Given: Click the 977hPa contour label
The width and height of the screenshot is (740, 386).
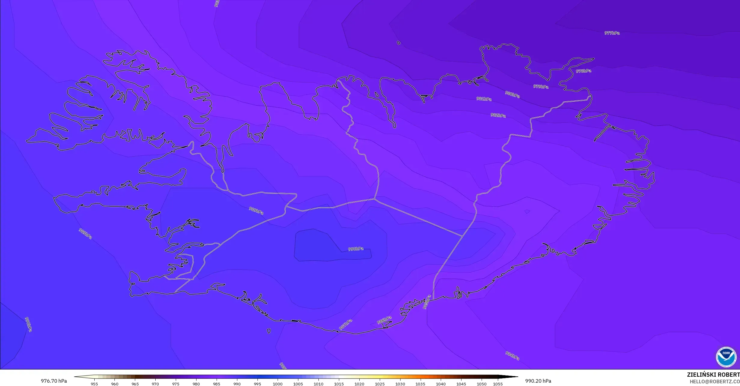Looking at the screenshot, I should tap(612, 33).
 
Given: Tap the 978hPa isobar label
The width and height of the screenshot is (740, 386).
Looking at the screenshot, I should tap(583, 71).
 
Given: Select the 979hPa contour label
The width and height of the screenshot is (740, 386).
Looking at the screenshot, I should tap(541, 87).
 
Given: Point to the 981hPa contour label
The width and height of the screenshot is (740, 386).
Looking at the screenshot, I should tap(484, 99).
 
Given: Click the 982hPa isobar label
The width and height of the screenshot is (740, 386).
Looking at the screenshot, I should tap(498, 115).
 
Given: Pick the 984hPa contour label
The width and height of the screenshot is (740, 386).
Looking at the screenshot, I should tap(512, 356).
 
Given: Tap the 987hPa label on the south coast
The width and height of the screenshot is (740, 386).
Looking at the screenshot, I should tap(346, 325).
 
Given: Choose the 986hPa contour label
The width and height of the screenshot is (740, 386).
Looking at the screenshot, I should tap(384, 320).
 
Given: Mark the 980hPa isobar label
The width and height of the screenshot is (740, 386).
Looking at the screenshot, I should tap(512, 94).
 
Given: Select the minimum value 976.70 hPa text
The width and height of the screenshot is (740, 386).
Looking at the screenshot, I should tap(54, 381).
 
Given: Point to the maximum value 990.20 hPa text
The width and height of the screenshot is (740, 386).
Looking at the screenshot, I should tap(538, 381).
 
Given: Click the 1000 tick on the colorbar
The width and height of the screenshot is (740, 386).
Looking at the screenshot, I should tap(278, 384).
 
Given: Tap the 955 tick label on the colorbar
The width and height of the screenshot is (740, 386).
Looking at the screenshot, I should tap(94, 384).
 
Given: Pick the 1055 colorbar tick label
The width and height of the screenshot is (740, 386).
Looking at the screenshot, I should tap(498, 384).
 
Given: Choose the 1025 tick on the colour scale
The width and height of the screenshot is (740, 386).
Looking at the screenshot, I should tap(379, 384).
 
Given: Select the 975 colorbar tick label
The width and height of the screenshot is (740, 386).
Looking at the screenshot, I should tap(176, 384).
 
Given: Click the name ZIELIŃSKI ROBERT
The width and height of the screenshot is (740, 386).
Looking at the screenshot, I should tap(713, 375).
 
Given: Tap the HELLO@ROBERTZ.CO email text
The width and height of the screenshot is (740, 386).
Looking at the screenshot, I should tap(714, 382).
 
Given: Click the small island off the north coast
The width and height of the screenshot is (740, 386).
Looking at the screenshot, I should tap(399, 43).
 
